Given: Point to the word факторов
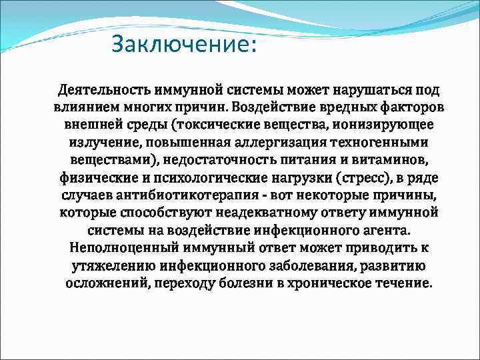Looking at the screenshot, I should [x=414, y=107].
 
